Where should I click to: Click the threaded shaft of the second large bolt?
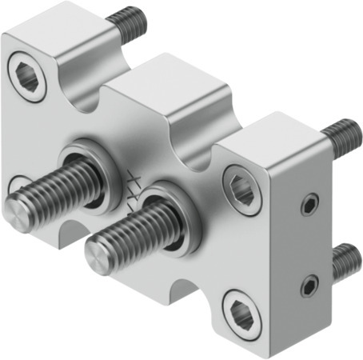click(x=132, y=233)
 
